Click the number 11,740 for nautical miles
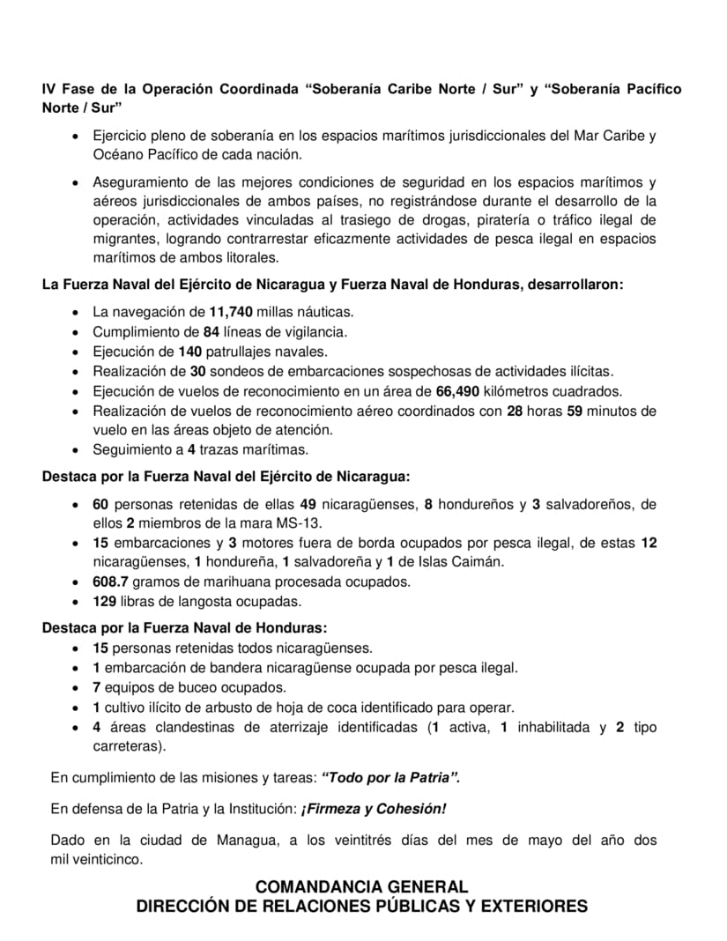(232, 312)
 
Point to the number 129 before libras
(106, 602)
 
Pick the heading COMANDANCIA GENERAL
(361, 886)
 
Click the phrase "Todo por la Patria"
(391, 777)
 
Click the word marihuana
(226, 582)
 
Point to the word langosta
(204, 602)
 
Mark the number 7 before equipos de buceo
(97, 687)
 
